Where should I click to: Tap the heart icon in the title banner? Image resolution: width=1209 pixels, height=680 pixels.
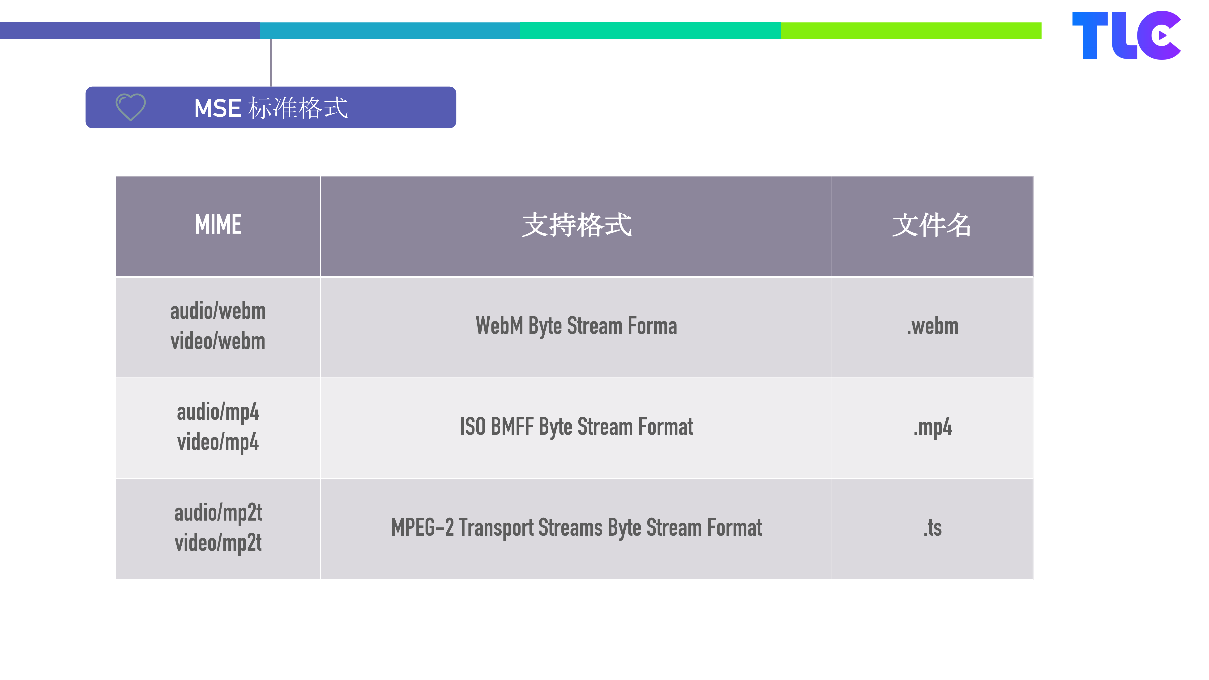click(130, 107)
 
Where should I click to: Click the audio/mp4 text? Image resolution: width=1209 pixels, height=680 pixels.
click(218, 412)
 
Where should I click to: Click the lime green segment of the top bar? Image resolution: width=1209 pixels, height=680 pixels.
click(910, 30)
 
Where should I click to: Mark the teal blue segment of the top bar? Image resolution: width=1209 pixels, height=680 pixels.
click(389, 30)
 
